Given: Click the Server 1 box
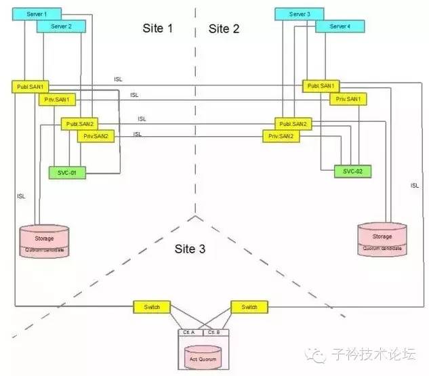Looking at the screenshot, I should [x=36, y=14].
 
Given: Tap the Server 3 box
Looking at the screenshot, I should [x=299, y=14].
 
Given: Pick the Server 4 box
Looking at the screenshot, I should [x=340, y=26].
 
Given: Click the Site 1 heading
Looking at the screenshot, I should [x=158, y=28].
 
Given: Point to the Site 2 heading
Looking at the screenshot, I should [x=224, y=28].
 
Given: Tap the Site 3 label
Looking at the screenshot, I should [x=190, y=249].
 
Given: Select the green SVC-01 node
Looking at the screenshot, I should [x=68, y=173].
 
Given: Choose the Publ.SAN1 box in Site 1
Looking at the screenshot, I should [x=30, y=87].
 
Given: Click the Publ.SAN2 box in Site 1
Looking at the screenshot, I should [x=80, y=124].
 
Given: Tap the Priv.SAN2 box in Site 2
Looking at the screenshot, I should [x=281, y=136].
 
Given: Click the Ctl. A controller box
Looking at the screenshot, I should [x=188, y=333].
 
